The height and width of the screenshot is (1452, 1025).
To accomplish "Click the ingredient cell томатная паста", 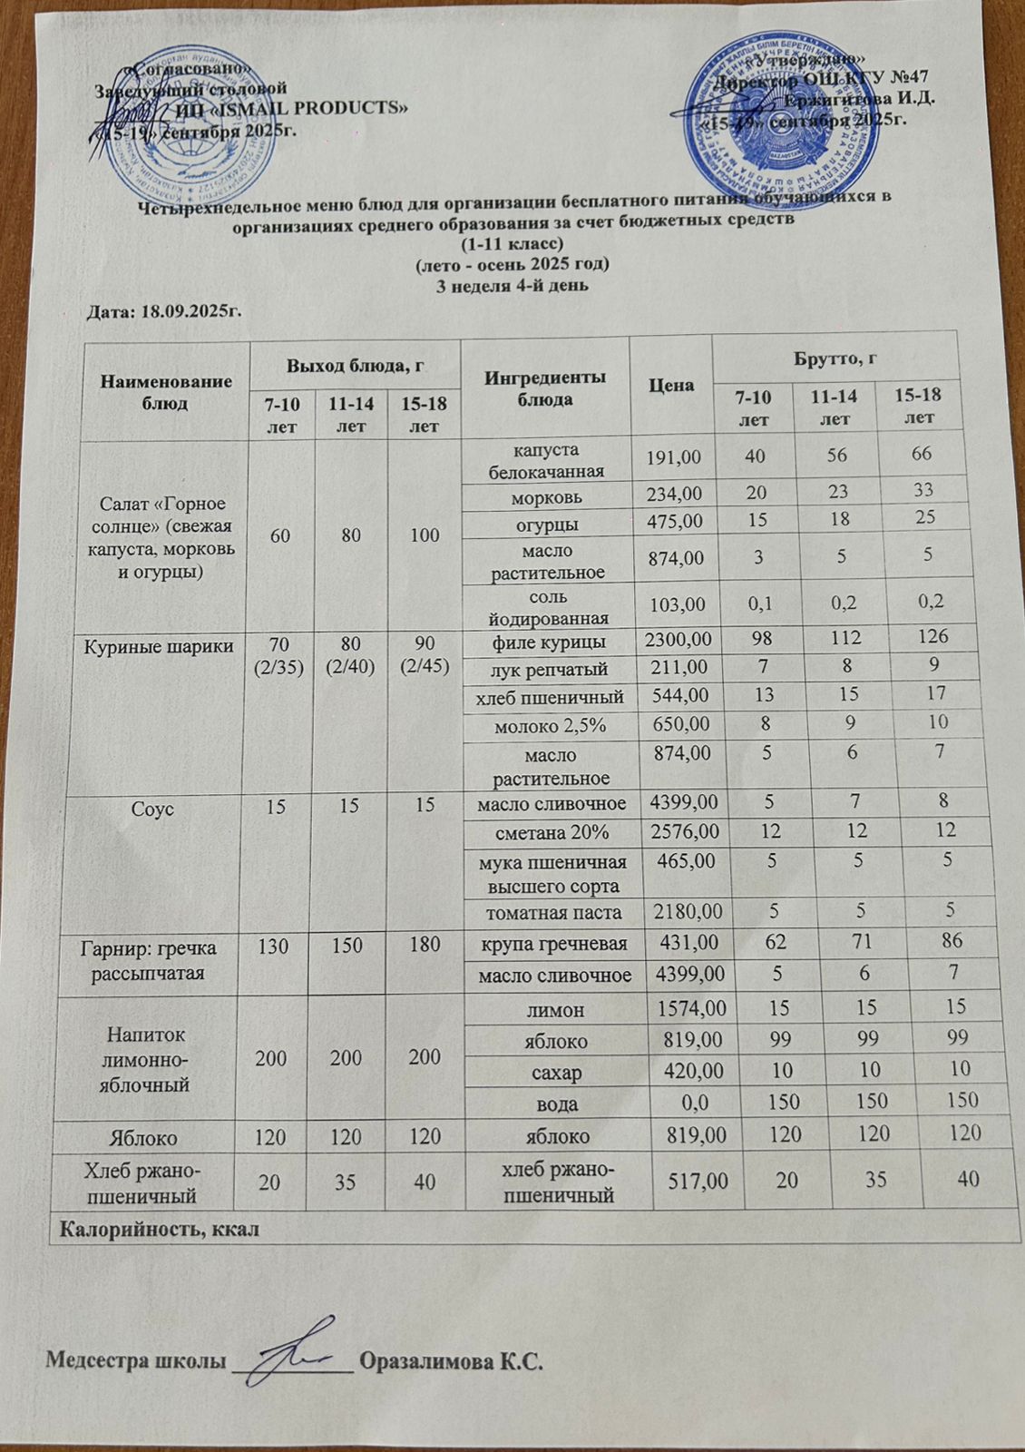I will tap(553, 910).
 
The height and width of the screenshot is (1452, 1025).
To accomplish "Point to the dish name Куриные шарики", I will tap(160, 646).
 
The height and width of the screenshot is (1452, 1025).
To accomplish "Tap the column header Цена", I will tap(672, 385).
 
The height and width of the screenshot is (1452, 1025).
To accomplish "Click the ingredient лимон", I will tap(561, 1009).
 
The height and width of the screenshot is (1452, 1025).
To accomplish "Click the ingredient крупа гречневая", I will tap(554, 944).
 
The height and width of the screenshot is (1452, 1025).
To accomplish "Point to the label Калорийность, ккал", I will tap(160, 1231).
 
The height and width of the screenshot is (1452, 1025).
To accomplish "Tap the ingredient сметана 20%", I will tap(559, 832).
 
